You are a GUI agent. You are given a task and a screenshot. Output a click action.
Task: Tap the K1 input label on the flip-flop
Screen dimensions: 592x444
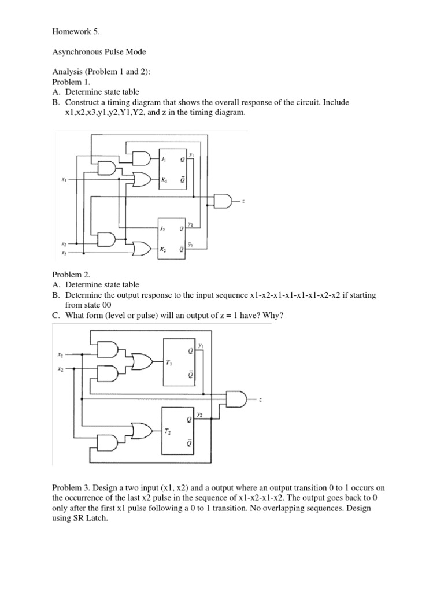coord(165,180)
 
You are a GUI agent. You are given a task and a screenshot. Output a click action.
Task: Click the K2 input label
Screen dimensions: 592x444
coord(165,249)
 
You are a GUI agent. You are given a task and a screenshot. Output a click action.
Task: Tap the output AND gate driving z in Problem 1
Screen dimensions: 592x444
coord(223,200)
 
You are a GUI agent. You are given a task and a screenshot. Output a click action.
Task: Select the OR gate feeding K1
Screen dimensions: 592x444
coord(141,180)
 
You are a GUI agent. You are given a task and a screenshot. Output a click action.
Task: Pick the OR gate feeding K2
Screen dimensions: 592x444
coord(141,249)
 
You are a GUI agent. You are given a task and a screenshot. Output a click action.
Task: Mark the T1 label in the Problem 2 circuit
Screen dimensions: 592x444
coord(169,362)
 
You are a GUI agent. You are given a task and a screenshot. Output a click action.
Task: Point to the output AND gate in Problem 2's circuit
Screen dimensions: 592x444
coord(237,399)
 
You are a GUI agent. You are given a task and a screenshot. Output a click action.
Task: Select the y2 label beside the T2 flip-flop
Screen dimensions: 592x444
coord(200,414)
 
